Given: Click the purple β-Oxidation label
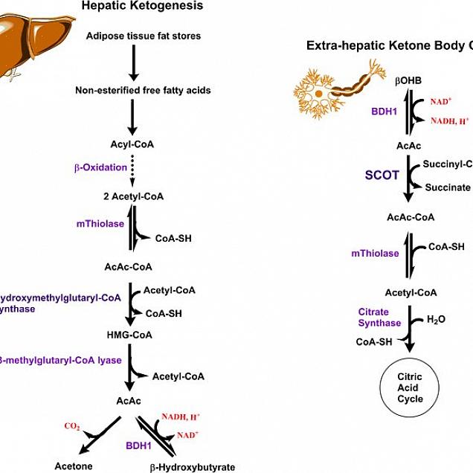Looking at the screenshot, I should pos(100,167).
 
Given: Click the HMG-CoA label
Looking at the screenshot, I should pos(132,335).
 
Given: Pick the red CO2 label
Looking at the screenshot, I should pos(72,426).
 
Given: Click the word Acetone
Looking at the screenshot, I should pos(74,466).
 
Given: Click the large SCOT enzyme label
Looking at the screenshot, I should pos(382,176).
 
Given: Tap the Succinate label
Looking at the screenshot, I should pos(447,187).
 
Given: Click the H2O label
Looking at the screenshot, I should pos(436,320).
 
